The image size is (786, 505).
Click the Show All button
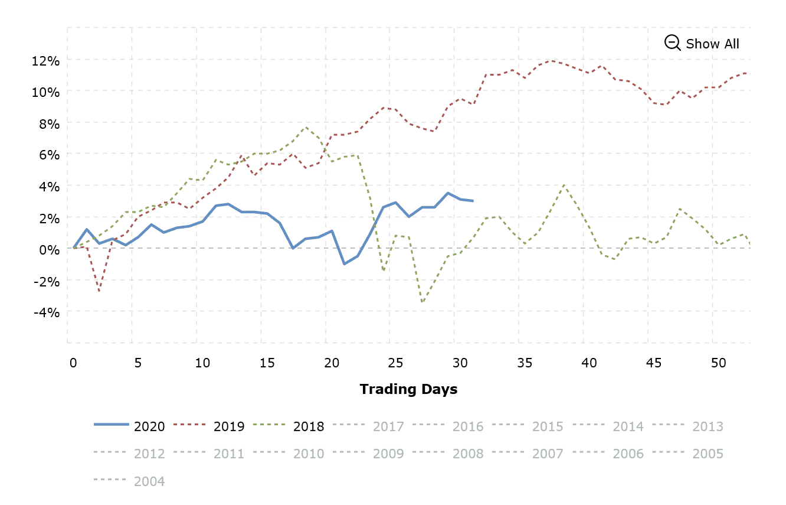tap(712, 44)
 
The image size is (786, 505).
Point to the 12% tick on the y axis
tap(47, 61)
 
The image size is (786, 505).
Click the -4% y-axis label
tap(47, 312)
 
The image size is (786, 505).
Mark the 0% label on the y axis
tap(50, 249)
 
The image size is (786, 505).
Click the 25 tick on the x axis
tap(396, 363)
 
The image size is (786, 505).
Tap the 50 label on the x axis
tap(718, 363)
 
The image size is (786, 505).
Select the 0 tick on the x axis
tap(73, 363)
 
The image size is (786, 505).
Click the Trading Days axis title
tap(408, 389)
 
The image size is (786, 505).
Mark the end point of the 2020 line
tap(473, 201)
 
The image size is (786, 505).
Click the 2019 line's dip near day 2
tap(99, 291)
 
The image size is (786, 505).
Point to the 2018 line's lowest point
tap(423, 302)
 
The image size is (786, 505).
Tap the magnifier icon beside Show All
tap(672, 43)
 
